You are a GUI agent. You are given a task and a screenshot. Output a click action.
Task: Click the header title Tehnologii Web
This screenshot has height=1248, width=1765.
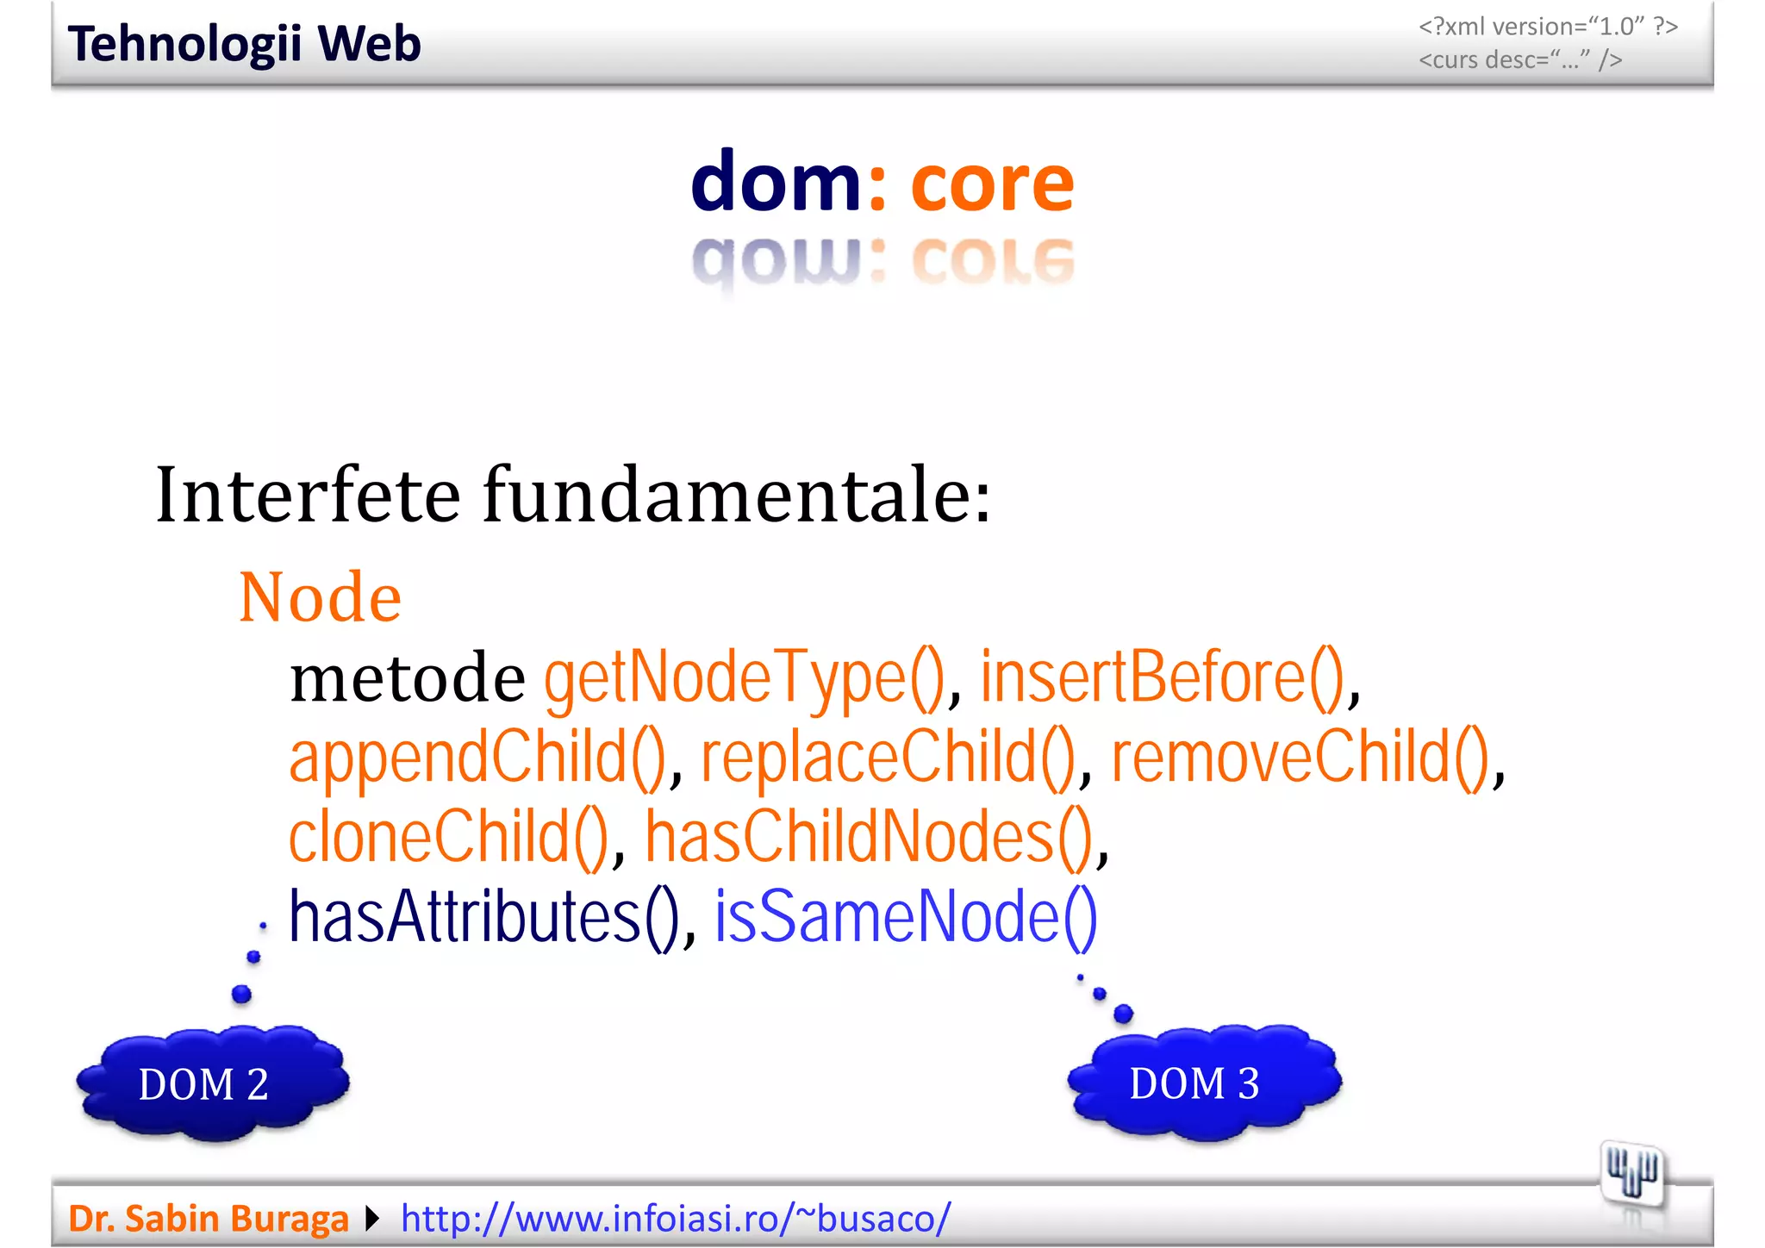tap(244, 44)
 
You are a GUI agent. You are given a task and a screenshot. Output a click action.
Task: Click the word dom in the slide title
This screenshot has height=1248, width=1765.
tap(776, 182)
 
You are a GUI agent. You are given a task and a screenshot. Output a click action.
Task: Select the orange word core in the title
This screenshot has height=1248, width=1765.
tap(992, 184)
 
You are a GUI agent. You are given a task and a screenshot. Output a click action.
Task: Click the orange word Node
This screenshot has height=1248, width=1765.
tap(320, 597)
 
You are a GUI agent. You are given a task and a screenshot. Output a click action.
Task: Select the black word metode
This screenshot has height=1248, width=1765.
tap(407, 678)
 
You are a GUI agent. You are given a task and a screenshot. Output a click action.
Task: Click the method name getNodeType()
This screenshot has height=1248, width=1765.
tap(744, 678)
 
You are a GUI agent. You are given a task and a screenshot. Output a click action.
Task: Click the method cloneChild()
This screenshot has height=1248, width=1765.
tap(448, 837)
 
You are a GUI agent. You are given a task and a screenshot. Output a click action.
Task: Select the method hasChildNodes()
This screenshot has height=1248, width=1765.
tap(870, 837)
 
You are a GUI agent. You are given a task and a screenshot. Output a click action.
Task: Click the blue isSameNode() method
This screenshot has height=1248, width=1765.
tap(906, 917)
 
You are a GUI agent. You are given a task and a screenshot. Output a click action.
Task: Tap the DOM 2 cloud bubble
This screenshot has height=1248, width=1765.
tap(211, 1083)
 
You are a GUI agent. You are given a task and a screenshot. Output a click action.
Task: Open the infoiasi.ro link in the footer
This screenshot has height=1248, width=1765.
tap(676, 1218)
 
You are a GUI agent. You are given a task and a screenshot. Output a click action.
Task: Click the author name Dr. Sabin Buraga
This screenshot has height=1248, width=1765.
tap(209, 1218)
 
